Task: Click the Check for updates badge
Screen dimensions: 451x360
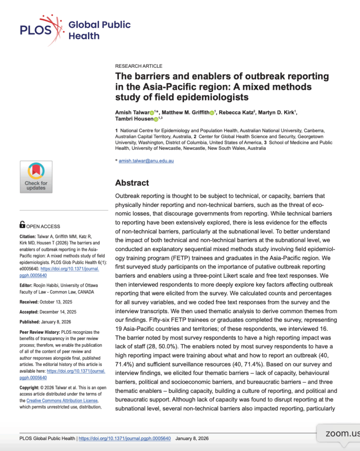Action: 36,177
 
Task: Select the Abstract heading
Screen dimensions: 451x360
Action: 132,183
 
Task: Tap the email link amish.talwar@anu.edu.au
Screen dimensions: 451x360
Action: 146,161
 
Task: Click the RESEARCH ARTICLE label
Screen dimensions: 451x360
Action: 138,66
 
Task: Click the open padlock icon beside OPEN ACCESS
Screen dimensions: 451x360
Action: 22,226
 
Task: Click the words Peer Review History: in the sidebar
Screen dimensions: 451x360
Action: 41,332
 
